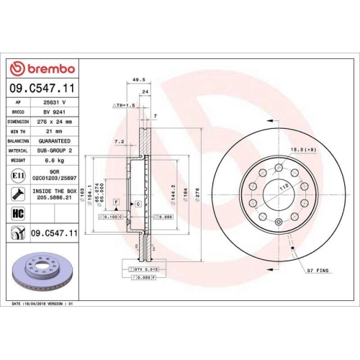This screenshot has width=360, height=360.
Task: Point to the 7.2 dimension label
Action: point(120,143)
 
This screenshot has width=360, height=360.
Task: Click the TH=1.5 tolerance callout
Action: point(124,105)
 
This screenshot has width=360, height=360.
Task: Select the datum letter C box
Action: point(137,205)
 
